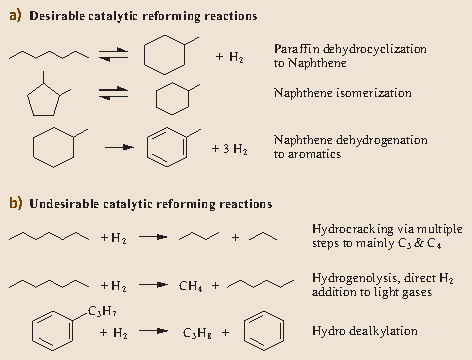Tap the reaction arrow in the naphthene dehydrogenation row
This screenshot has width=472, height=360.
coord(120,147)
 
